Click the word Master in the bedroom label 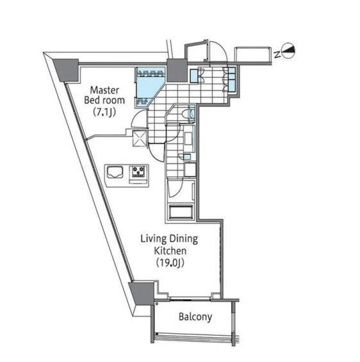coord(104,90)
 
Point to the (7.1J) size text coord(104,112)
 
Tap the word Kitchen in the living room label coord(170,251)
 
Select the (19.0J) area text coord(170,263)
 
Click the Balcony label coord(195,317)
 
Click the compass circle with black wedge coord(289,51)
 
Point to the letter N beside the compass coord(277,54)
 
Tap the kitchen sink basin coord(115,172)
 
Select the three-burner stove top coord(138,171)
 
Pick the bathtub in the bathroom coord(181,211)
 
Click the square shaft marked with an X coord(140,138)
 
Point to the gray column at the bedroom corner coord(66,70)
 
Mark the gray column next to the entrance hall coord(177,70)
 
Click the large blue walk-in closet coord(149,88)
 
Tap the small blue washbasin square coord(187,157)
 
